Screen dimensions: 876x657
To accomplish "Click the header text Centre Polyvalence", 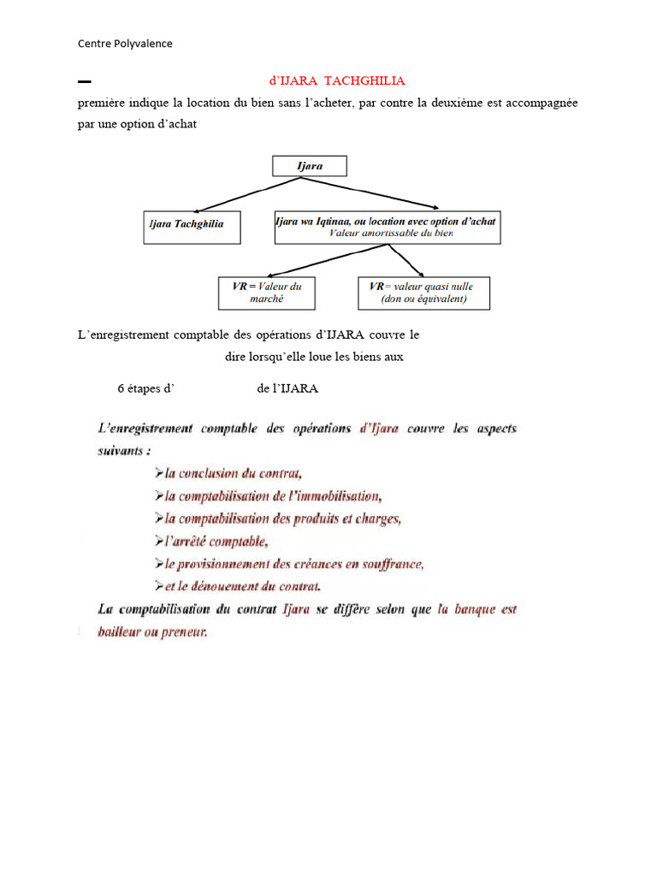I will (x=125, y=44).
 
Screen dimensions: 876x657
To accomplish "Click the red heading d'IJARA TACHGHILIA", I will (x=337, y=80).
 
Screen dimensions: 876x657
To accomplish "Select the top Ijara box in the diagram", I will (x=309, y=166).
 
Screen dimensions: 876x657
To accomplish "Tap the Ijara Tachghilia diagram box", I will (x=192, y=227).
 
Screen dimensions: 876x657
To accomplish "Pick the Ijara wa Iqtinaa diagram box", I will (x=387, y=226).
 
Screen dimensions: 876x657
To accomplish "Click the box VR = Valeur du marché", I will (x=266, y=293).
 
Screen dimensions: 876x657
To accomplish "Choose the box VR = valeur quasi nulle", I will (x=423, y=293).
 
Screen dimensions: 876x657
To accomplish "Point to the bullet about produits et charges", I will (x=279, y=518).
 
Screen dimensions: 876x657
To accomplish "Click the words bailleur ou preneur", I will (x=153, y=633).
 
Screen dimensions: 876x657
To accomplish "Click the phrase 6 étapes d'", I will (x=145, y=388).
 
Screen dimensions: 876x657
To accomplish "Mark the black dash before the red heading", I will (x=84, y=82).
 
